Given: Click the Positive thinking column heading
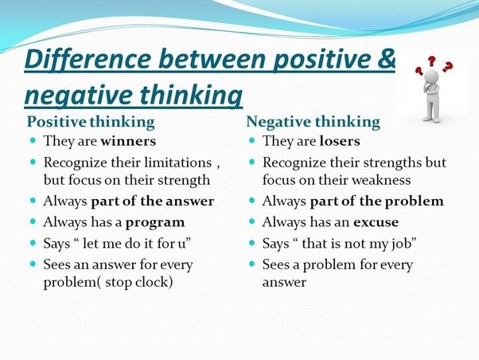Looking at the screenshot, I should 91,122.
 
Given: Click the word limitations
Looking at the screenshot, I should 168,162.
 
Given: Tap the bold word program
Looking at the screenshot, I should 151,222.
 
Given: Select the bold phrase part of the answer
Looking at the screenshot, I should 152,202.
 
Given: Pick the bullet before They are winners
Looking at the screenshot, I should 33,142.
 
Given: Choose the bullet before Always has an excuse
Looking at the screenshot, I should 252,222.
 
